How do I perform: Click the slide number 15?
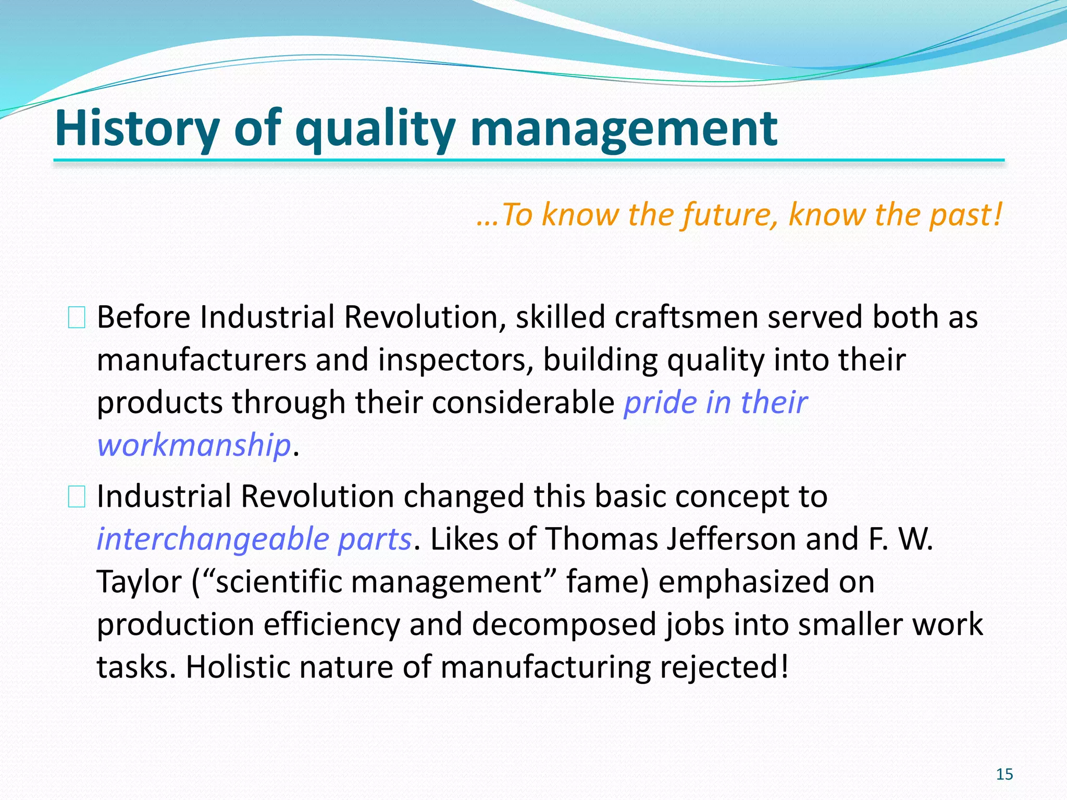(x=1004, y=774)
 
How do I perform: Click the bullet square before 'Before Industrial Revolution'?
(x=77, y=318)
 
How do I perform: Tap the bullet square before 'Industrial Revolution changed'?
(x=77, y=497)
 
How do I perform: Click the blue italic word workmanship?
(x=193, y=446)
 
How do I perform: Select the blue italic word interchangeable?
(x=213, y=539)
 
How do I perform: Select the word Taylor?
(x=139, y=582)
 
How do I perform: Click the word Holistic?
(x=237, y=667)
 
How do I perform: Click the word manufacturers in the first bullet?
(x=202, y=360)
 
